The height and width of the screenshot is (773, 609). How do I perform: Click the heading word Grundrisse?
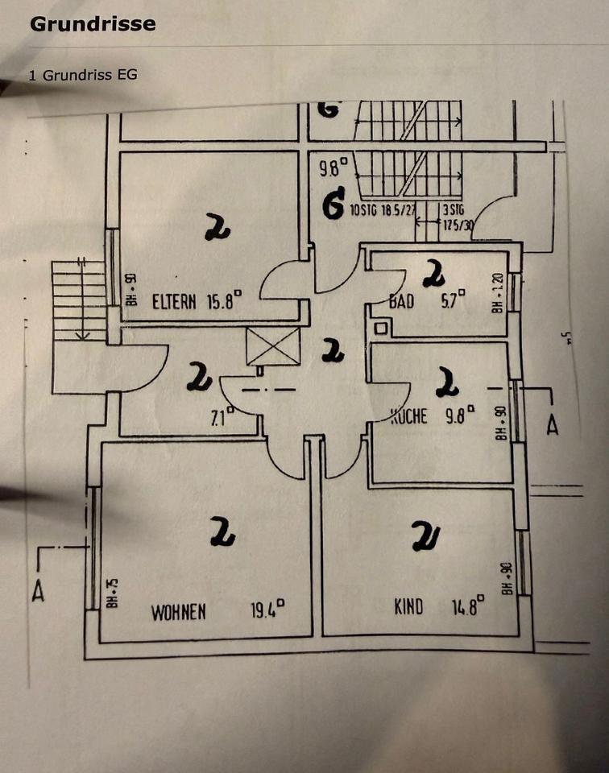(93, 24)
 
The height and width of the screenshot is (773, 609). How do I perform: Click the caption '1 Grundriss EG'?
(82, 75)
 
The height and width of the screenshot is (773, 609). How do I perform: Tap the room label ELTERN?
(173, 303)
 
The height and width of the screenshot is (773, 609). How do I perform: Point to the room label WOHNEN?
(179, 612)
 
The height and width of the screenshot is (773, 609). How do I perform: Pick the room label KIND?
(408, 606)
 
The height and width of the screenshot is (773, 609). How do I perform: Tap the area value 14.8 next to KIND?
(466, 604)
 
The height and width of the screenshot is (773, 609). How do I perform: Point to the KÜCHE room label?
(409, 416)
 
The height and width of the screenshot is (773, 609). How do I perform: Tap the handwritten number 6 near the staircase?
(333, 205)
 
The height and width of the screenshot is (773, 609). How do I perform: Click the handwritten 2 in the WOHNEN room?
(222, 531)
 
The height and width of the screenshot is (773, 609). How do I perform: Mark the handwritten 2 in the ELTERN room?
(216, 229)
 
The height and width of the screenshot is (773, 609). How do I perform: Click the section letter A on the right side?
(552, 427)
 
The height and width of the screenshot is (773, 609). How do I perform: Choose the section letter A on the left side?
(37, 592)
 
